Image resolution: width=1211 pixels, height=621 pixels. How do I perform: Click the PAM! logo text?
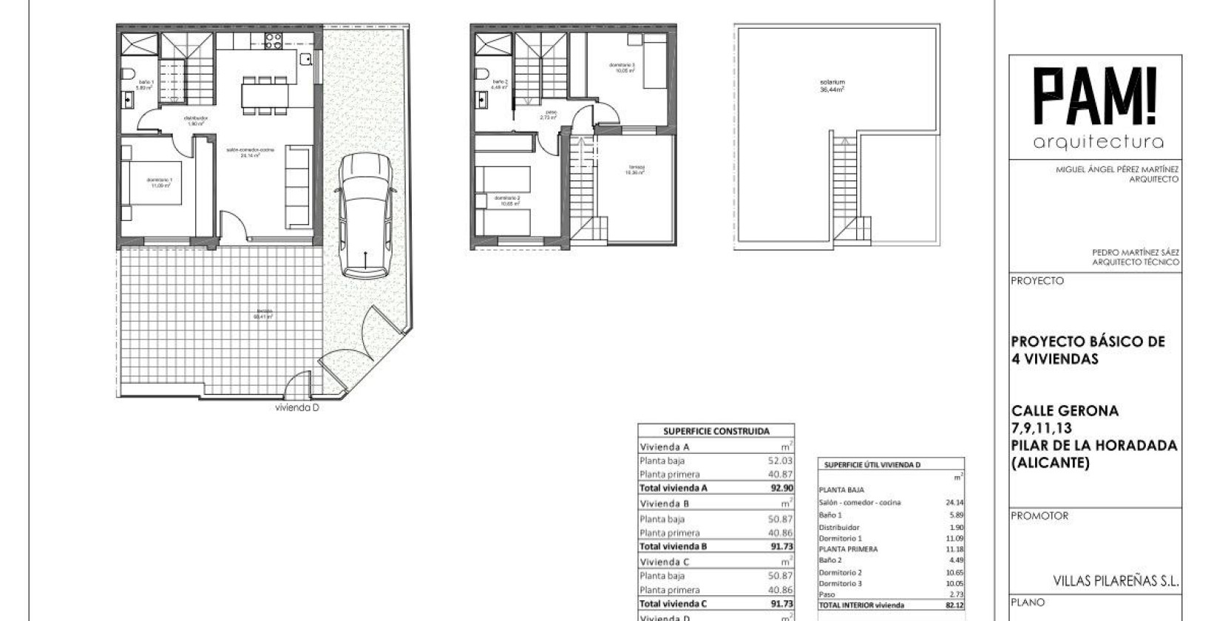(x=1097, y=97)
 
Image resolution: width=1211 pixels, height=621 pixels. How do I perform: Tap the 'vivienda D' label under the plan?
(x=296, y=407)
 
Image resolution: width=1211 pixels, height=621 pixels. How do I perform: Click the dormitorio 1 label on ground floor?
(x=159, y=183)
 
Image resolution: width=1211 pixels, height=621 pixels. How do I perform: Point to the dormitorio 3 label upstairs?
(x=622, y=68)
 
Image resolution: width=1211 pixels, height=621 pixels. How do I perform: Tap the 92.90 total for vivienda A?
(x=781, y=488)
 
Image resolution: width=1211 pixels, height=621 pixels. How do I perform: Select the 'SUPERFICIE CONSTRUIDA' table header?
(x=716, y=431)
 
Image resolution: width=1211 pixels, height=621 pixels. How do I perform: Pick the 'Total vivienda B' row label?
(x=673, y=546)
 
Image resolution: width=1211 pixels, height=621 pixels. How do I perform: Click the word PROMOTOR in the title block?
(x=1039, y=516)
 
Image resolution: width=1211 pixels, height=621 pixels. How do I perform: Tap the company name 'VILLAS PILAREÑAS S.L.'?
(x=1115, y=581)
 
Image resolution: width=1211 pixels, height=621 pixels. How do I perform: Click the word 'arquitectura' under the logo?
(x=1098, y=142)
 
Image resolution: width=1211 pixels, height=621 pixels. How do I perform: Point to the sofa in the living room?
(x=297, y=186)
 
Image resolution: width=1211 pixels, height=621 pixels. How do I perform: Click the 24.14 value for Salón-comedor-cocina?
(x=954, y=503)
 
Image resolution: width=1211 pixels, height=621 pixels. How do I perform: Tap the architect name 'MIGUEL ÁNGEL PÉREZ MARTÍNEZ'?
(x=1116, y=169)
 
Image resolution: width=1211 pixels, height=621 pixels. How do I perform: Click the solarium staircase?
(x=844, y=185)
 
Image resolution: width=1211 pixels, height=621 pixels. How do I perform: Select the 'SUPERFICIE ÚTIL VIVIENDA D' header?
(x=872, y=465)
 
